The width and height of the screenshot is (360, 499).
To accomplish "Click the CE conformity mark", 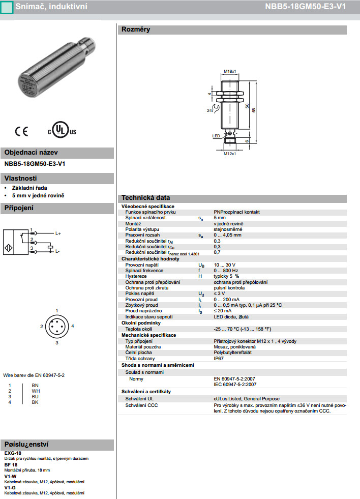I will [22, 131].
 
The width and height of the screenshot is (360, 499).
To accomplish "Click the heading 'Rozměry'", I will [135, 30].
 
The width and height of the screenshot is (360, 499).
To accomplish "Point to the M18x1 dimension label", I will [230, 72].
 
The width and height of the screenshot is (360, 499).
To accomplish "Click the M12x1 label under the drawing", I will [230, 153].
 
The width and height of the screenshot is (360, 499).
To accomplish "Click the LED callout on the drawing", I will [216, 136].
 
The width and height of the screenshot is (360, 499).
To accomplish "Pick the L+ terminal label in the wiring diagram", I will [58, 233].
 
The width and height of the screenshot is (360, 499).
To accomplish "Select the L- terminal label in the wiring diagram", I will [58, 251].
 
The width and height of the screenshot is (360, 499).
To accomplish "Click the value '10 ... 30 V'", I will [224, 265].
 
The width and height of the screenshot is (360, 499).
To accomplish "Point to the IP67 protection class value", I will [219, 359].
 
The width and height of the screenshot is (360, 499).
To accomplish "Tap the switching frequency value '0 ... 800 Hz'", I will [226, 271].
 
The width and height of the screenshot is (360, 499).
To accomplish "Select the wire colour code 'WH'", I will [35, 391].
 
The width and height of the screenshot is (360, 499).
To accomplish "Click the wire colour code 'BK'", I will [35, 402].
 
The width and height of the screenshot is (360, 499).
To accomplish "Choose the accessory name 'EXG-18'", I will [13, 452].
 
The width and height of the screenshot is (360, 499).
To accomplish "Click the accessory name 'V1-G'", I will [10, 487].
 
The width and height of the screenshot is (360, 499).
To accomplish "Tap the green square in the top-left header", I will [6, 7].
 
